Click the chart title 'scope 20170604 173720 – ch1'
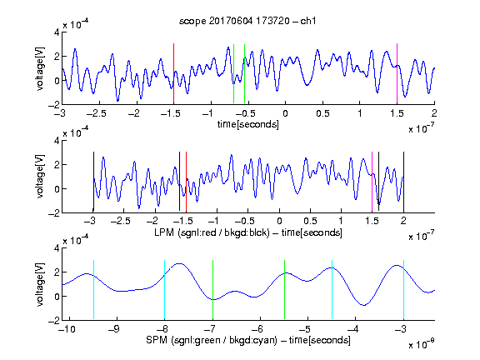(x=247, y=21)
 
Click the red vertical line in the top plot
(x=173, y=73)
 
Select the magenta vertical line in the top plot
(x=397, y=73)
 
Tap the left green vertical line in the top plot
(x=233, y=74)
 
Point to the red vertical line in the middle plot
(x=186, y=182)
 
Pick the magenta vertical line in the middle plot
(x=372, y=182)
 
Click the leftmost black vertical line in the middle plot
(x=93, y=182)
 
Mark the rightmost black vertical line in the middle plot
(x=403, y=182)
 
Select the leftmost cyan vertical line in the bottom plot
(x=93, y=290)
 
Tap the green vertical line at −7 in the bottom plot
(x=212, y=290)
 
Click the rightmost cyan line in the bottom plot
(x=403, y=290)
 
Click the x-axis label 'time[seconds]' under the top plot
(x=248, y=125)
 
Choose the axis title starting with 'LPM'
(x=248, y=232)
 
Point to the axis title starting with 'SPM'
(x=248, y=340)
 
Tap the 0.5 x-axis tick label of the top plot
(x=322, y=113)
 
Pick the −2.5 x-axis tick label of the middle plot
(x=121, y=221)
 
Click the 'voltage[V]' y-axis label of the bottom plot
(x=40, y=284)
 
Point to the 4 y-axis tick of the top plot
(x=57, y=32)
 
